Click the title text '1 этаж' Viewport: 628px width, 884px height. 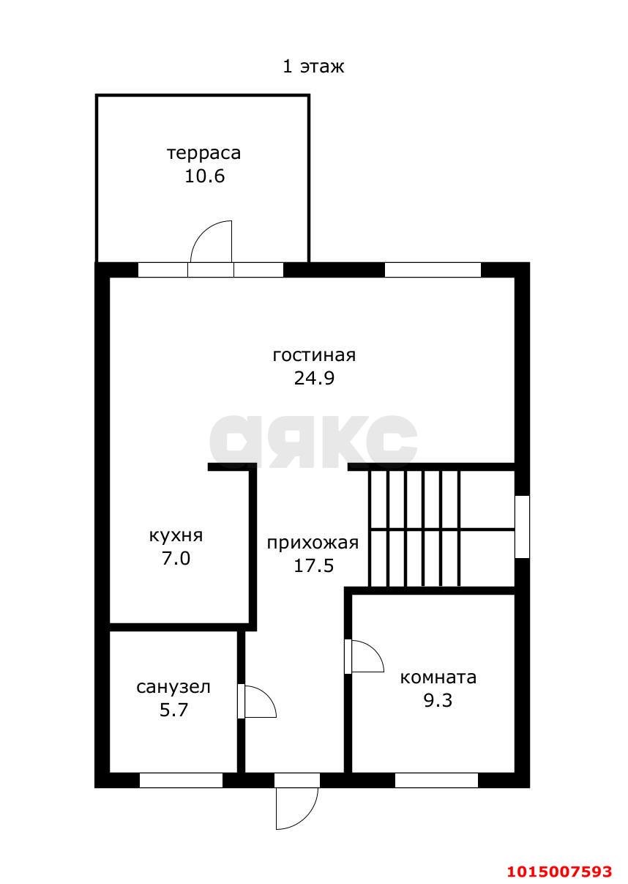(313, 67)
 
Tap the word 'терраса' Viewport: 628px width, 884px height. (203, 154)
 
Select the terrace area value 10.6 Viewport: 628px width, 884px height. (204, 177)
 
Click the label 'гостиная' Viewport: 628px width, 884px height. (314, 355)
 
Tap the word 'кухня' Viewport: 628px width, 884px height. (176, 535)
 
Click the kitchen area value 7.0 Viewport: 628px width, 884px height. (176, 559)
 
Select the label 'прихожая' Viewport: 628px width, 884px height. (313, 543)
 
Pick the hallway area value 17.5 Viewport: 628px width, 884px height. (313, 565)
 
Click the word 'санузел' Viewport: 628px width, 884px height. (173, 687)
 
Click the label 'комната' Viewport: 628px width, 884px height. (438, 677)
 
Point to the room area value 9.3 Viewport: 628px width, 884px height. (438, 700)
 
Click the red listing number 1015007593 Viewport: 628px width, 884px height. (560, 871)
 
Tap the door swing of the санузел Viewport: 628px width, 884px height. (258, 702)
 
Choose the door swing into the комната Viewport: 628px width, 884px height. (366, 656)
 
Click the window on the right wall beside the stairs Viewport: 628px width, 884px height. (522, 527)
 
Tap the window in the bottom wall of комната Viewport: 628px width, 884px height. (436, 780)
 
